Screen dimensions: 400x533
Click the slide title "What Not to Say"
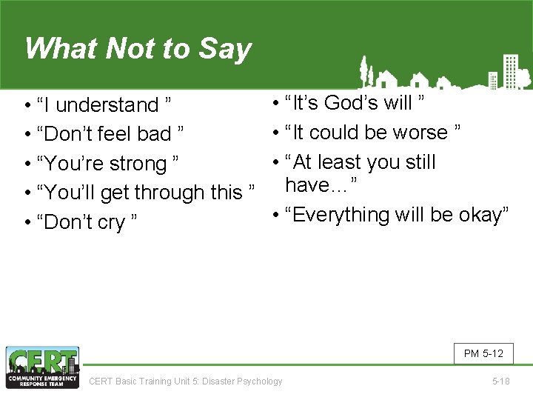coord(138,49)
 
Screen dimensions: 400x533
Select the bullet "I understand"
coord(104,105)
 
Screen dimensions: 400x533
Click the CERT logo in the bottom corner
coord(42,367)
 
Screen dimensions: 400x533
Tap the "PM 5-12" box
coord(483,353)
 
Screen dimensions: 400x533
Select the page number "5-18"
coord(501,381)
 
